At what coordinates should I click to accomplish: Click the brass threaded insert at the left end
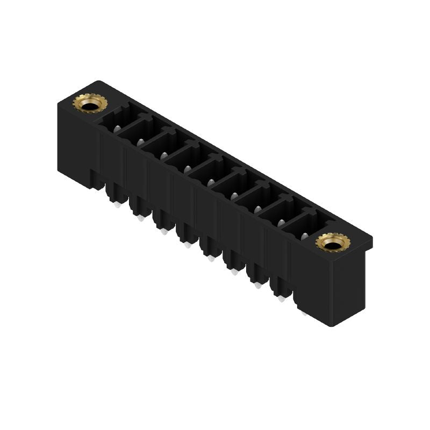[x=89, y=102]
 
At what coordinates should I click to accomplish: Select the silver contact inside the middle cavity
[x=211, y=182]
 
